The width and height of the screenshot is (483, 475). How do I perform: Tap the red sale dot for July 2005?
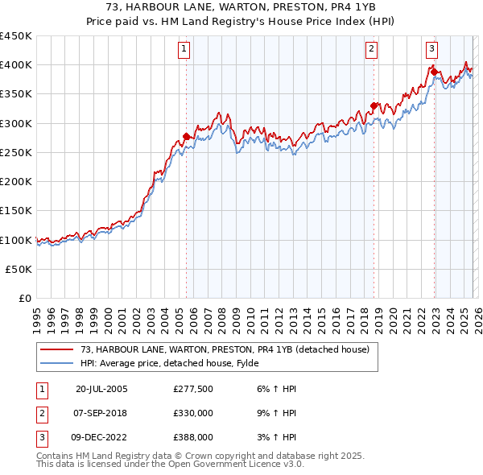pyautogui.click(x=186, y=136)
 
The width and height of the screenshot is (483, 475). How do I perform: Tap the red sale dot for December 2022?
pyautogui.click(x=434, y=72)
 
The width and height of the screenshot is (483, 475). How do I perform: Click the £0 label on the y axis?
pyautogui.click(x=27, y=299)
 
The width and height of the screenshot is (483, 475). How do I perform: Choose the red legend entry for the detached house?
pyautogui.click(x=225, y=349)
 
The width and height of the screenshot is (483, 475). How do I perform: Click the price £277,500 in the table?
pyautogui.click(x=194, y=389)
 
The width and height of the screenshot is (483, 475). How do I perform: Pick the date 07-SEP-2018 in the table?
pyautogui.click(x=101, y=413)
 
